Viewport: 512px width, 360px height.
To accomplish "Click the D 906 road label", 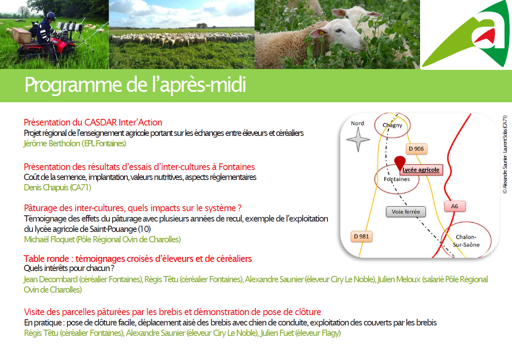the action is (416, 149).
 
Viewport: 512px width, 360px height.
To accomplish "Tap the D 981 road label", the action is (361, 236).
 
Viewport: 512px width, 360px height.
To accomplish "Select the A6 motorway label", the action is (455, 206).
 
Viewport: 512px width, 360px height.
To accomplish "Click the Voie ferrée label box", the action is (406, 212).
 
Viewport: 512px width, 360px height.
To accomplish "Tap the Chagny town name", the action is (392, 125).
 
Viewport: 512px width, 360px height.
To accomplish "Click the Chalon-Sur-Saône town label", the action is (466, 241).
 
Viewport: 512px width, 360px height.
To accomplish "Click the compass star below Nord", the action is (358, 139).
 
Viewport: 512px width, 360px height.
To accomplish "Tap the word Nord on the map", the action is (357, 123).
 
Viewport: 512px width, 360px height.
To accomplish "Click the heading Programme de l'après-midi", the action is (135, 85).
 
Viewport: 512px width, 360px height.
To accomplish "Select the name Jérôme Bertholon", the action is (52, 143).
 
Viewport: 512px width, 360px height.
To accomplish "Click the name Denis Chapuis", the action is (46, 187).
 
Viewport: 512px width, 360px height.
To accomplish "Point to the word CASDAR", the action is (101, 123).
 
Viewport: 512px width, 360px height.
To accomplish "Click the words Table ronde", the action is (46, 259).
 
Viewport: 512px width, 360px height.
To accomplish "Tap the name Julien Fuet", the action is (277, 333).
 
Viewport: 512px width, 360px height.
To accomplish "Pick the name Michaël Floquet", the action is (49, 239).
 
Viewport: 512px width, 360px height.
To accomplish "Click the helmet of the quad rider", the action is (51, 17).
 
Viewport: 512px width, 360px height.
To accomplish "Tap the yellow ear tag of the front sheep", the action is (322, 33).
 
